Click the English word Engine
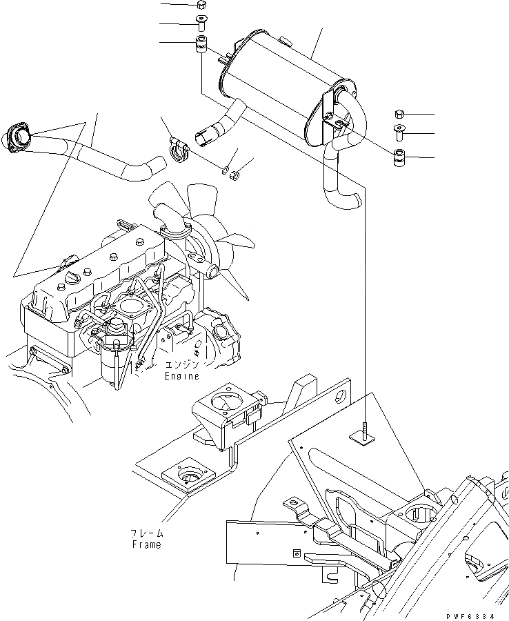click(x=181, y=376)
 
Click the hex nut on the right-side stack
click(x=400, y=113)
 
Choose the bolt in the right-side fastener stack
click(x=400, y=132)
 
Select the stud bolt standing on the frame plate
click(x=363, y=432)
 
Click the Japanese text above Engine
click(x=181, y=365)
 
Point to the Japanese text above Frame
click(x=146, y=533)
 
